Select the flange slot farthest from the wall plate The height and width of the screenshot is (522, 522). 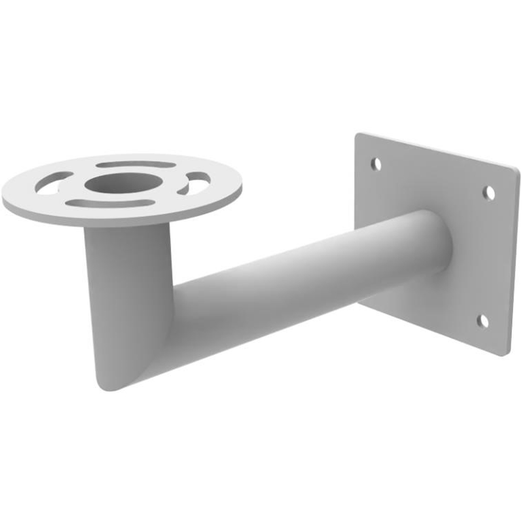point(53,183)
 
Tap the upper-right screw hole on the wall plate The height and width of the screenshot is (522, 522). point(489,193)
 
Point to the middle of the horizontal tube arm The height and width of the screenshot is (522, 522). point(308,277)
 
